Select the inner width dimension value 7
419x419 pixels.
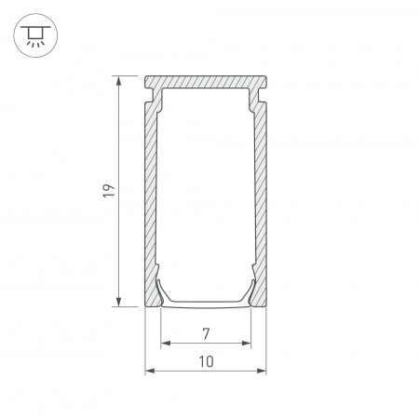tap(207, 332)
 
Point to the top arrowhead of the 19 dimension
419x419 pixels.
tap(118, 82)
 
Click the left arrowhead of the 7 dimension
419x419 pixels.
tap(166, 343)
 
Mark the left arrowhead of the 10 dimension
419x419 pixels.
tap(150, 371)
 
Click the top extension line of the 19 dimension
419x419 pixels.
tap(130, 76)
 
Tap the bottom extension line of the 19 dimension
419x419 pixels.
tap(130, 305)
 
